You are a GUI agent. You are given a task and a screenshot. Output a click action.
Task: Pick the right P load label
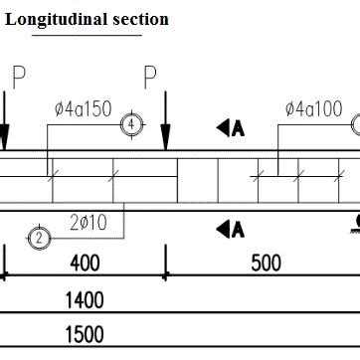pyautogui.click(x=150, y=76)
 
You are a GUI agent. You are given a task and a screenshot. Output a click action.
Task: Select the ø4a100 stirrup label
pyautogui.click(x=313, y=108)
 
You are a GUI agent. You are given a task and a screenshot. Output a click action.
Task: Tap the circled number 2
pyautogui.click(x=39, y=238)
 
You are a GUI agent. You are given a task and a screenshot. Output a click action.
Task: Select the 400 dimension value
pyautogui.click(x=85, y=264)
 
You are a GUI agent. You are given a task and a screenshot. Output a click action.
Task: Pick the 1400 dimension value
pyautogui.click(x=85, y=298)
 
